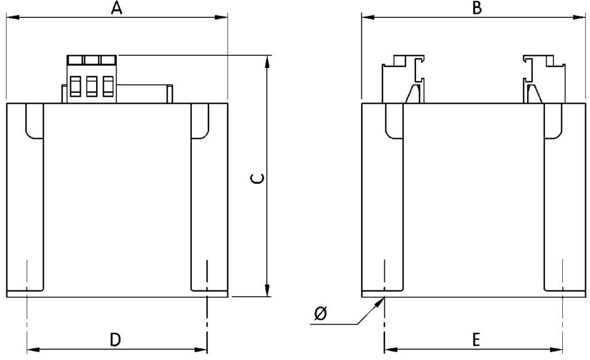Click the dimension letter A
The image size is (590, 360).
click(116, 8)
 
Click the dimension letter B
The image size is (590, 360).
click(476, 8)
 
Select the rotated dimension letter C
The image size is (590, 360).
click(258, 179)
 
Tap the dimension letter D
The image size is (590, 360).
click(115, 339)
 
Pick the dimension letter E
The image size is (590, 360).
click(476, 340)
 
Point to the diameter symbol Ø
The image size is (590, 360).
click(321, 313)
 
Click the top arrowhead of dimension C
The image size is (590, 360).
click(267, 62)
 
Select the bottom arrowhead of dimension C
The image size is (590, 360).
click(267, 290)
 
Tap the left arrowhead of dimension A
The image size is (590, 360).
click(13, 17)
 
